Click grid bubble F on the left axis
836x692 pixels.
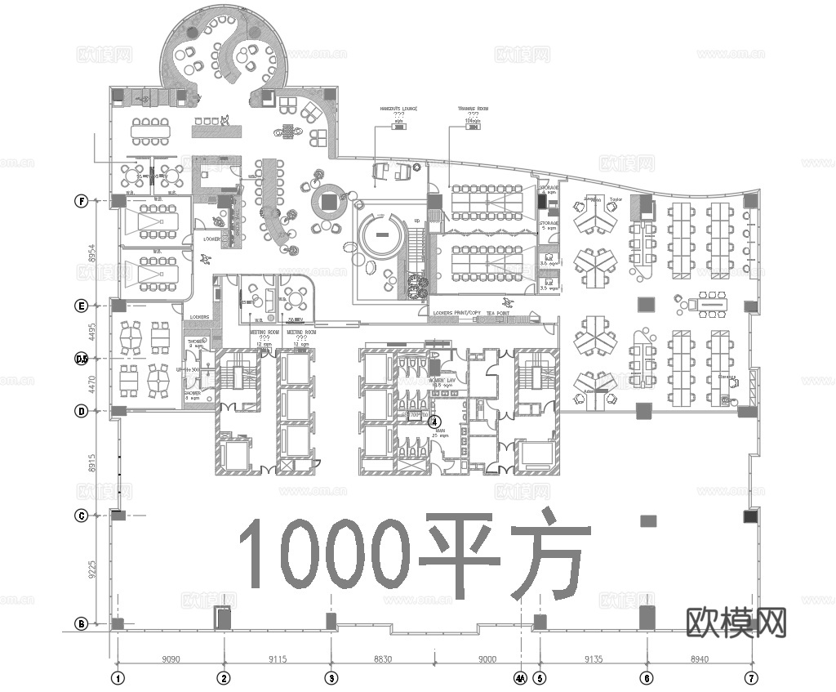click(82, 200)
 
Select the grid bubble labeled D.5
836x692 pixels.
click(82, 359)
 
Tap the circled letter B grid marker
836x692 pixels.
click(82, 624)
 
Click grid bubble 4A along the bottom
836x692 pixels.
click(520, 677)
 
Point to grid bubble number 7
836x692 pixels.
click(752, 677)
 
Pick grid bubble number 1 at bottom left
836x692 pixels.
click(118, 677)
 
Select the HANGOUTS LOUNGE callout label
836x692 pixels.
click(398, 108)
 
